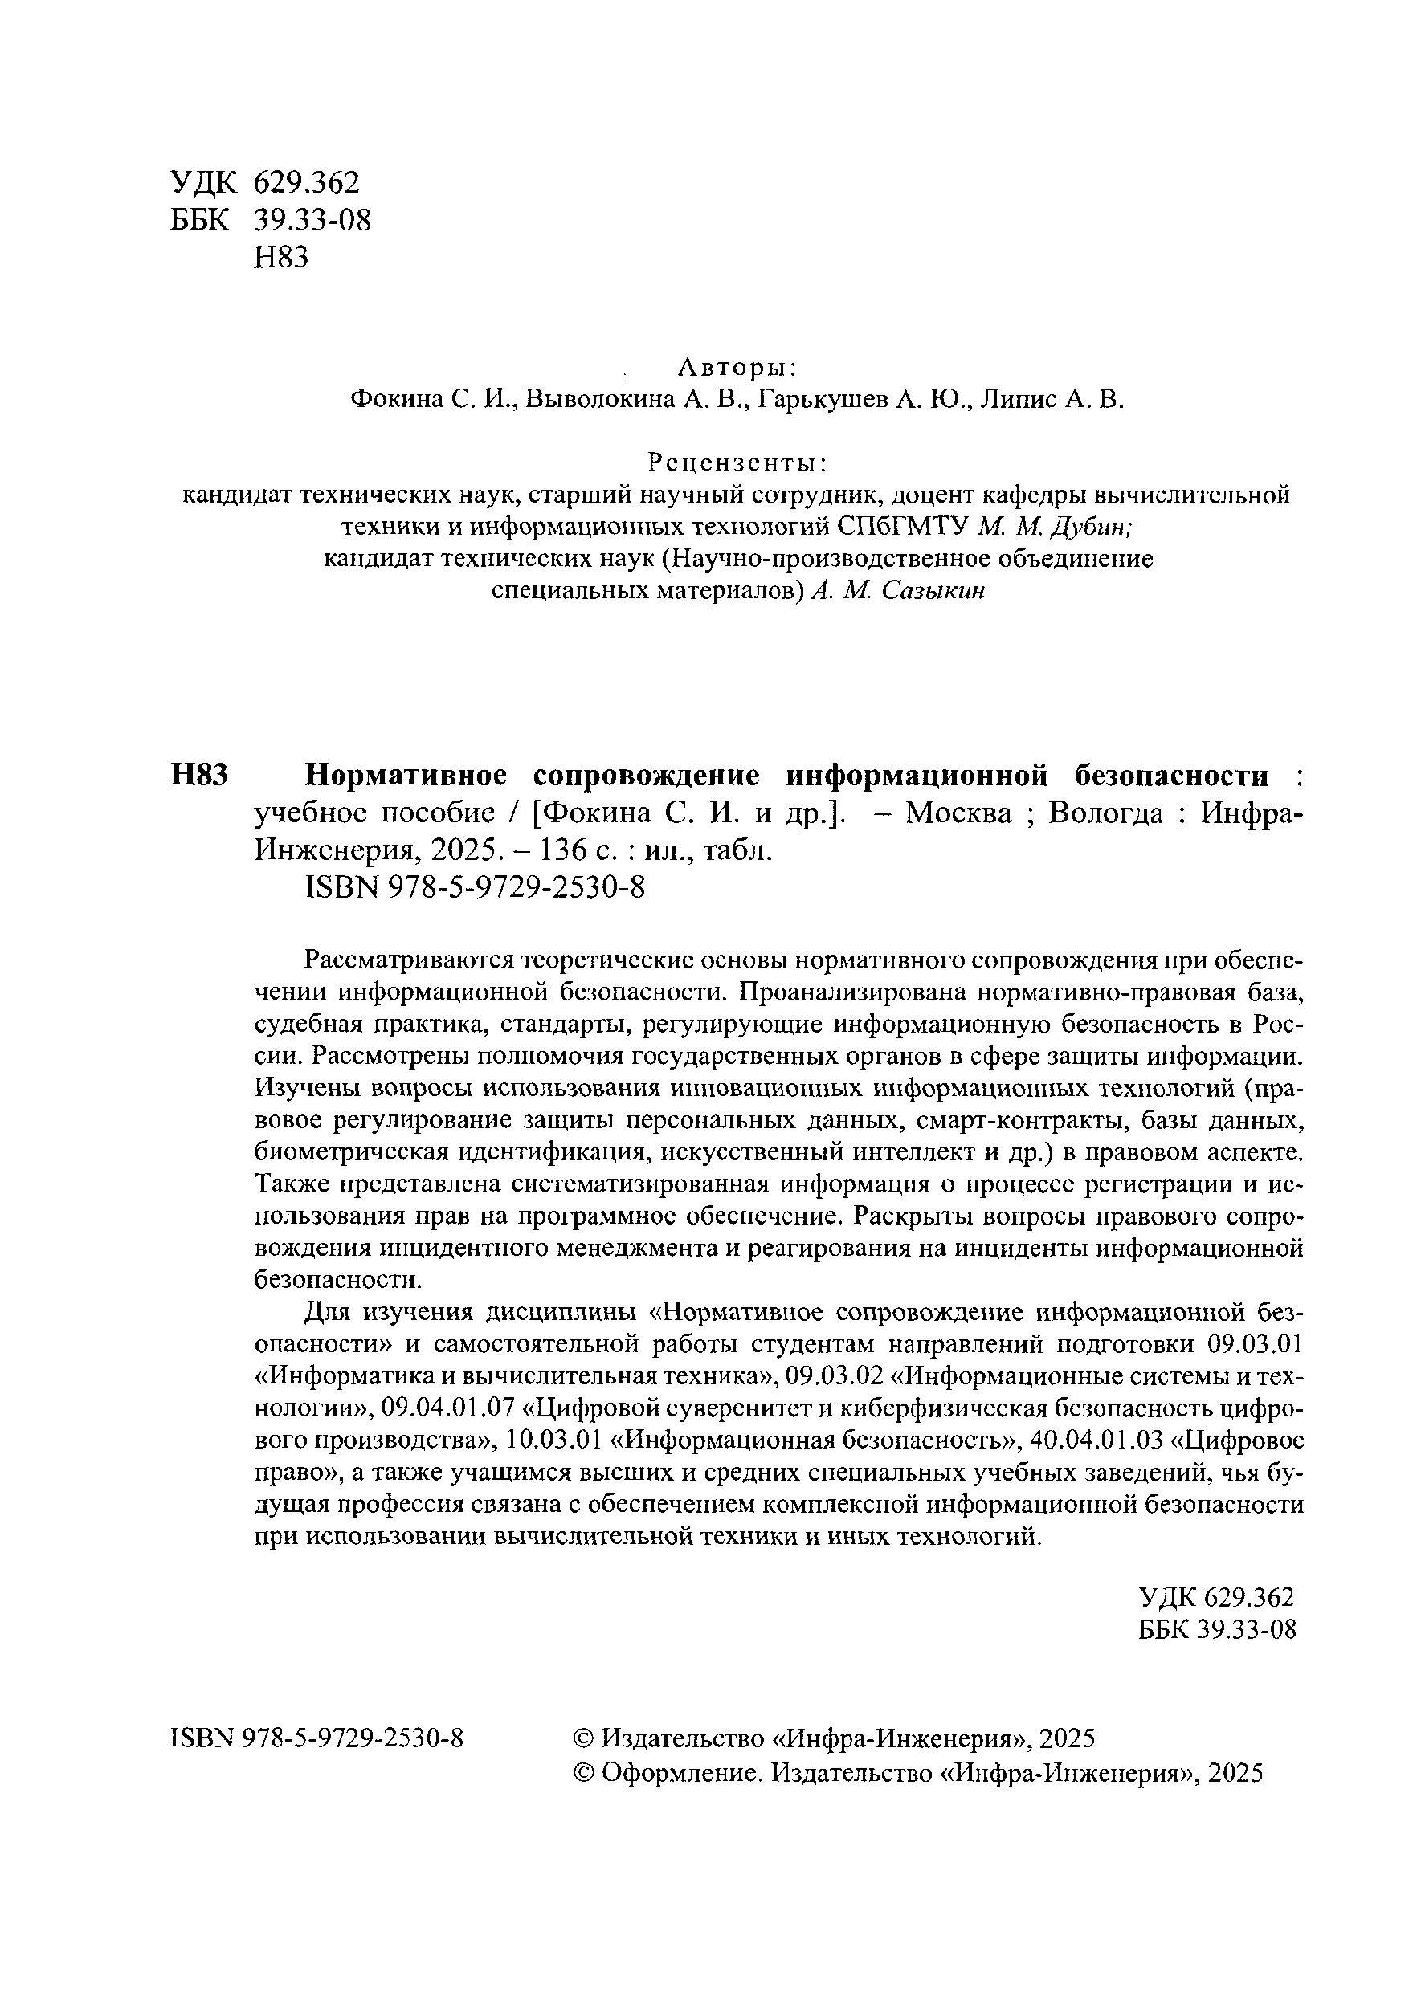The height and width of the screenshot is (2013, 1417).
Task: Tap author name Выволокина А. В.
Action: (x=639, y=400)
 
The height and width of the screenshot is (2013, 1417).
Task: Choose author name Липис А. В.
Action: (x=1052, y=400)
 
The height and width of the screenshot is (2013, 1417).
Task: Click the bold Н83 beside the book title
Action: (x=199, y=775)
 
